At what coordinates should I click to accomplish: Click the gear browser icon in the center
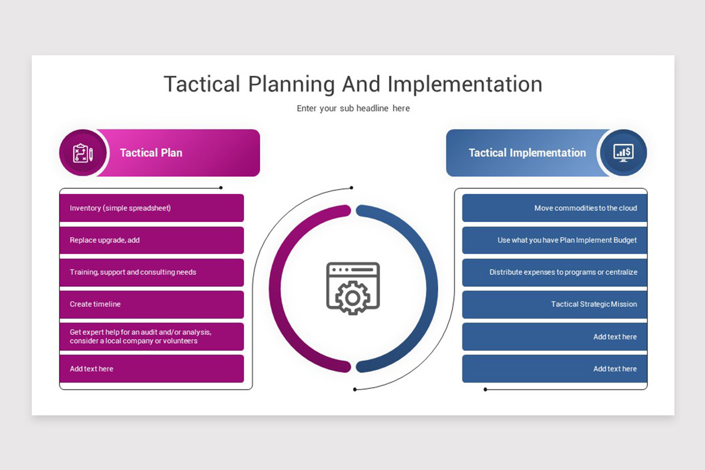pos(352,288)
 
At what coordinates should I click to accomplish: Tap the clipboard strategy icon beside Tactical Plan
pos(83,153)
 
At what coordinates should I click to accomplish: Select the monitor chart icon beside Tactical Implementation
pos(623,153)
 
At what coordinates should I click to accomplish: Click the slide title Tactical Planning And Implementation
pos(352,84)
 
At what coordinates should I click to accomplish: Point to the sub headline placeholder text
pos(352,109)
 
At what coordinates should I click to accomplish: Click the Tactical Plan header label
pos(151,153)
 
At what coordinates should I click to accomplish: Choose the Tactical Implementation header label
pos(527,153)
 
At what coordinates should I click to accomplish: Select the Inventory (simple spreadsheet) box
pos(152,208)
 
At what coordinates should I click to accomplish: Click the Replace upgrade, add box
pos(152,240)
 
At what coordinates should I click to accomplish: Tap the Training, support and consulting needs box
pos(152,273)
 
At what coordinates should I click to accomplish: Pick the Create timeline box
pos(152,304)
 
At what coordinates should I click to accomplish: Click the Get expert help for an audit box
pos(152,337)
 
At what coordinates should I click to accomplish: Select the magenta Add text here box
pos(152,369)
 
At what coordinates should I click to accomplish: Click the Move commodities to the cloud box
pos(554,208)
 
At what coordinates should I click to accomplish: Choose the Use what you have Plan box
pos(554,240)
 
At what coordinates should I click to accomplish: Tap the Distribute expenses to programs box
pos(554,273)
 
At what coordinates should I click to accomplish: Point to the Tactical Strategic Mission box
pos(554,304)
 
